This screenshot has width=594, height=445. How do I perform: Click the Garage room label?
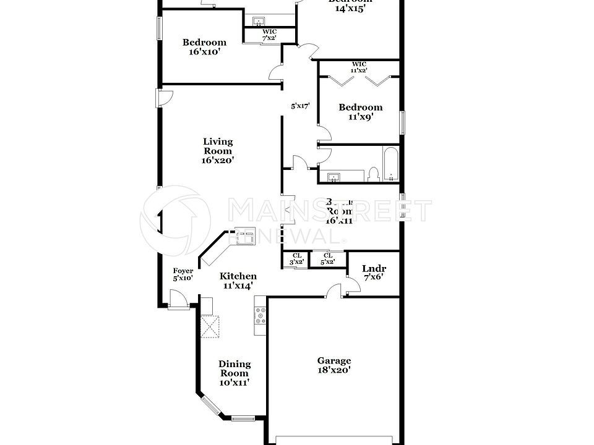point(334,365)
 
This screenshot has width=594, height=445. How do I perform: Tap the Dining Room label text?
point(235,373)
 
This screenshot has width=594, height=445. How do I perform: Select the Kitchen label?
point(239,281)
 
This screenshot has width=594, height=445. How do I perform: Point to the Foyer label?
point(183,274)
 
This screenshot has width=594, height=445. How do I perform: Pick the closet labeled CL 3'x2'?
point(297,258)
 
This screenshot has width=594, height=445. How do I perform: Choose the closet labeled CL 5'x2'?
point(328,258)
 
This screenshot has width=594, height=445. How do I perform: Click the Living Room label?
point(218,151)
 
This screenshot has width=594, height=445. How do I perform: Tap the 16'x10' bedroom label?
point(204,47)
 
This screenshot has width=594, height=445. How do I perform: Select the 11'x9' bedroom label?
point(360,111)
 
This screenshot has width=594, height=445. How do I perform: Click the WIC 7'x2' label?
point(269,35)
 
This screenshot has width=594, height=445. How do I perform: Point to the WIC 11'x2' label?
point(359,67)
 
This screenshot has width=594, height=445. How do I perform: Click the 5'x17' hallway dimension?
point(300,106)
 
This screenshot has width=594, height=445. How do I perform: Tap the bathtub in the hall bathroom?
point(392,164)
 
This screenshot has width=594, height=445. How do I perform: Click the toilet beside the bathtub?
point(373,174)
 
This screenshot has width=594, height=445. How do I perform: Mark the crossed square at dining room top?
point(210,327)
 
